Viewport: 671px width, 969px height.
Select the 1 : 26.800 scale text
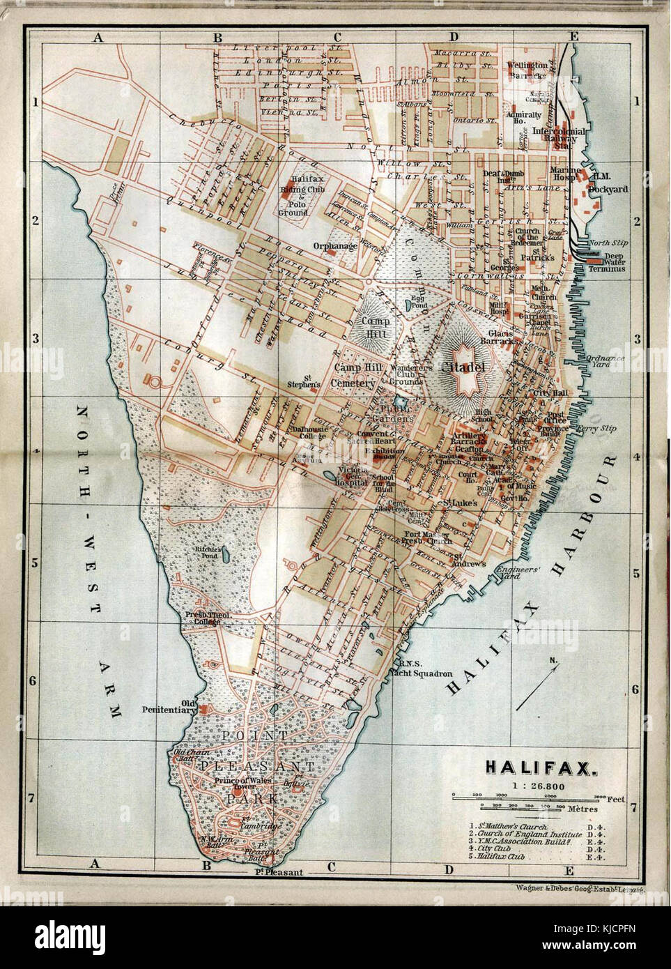[x=540, y=786]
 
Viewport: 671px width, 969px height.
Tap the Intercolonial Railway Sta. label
[x=558, y=137]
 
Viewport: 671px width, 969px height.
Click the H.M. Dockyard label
[x=608, y=183]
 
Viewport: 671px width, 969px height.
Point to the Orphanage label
[x=334, y=246]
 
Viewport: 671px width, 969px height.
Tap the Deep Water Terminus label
[x=605, y=263]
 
